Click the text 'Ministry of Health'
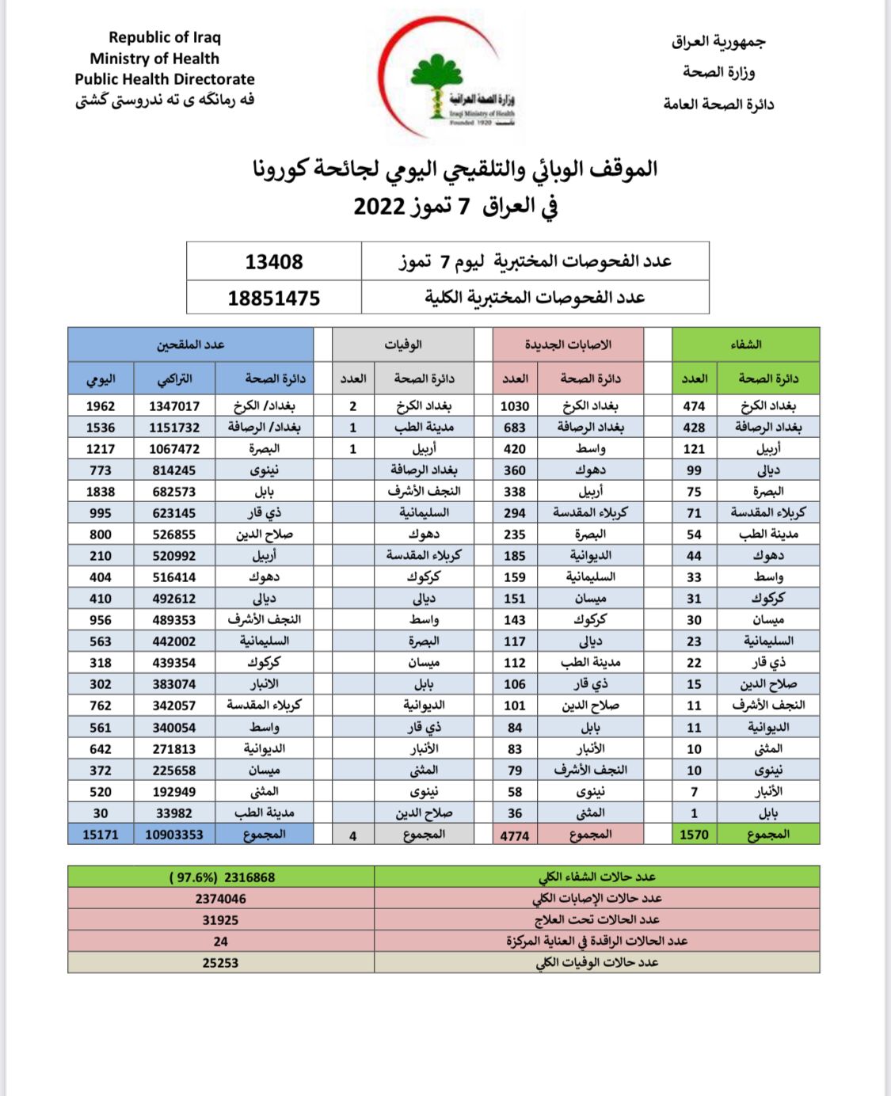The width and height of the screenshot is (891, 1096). (154, 59)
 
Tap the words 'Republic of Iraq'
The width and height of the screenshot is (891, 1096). (165, 37)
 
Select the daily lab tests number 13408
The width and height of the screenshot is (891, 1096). (274, 262)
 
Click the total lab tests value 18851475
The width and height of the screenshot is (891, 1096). (274, 299)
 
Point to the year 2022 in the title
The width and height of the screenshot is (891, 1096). (379, 207)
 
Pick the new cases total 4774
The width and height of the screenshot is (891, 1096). (515, 835)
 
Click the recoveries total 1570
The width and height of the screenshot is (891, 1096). (694, 835)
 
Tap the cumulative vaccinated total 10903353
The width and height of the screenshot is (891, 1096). (174, 835)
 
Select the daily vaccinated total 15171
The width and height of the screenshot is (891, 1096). (101, 835)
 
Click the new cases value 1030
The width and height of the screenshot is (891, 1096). (515, 406)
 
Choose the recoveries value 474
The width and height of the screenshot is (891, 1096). (694, 406)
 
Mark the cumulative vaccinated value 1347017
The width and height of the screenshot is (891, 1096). (174, 406)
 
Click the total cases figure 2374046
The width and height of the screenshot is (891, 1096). (221, 899)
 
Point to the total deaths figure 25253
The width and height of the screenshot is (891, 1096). (221, 963)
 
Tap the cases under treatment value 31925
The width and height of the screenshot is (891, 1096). (221, 920)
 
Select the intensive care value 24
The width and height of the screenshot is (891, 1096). (221, 942)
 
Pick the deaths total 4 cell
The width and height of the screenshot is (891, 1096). (353, 835)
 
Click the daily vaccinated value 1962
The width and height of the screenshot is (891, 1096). (101, 406)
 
